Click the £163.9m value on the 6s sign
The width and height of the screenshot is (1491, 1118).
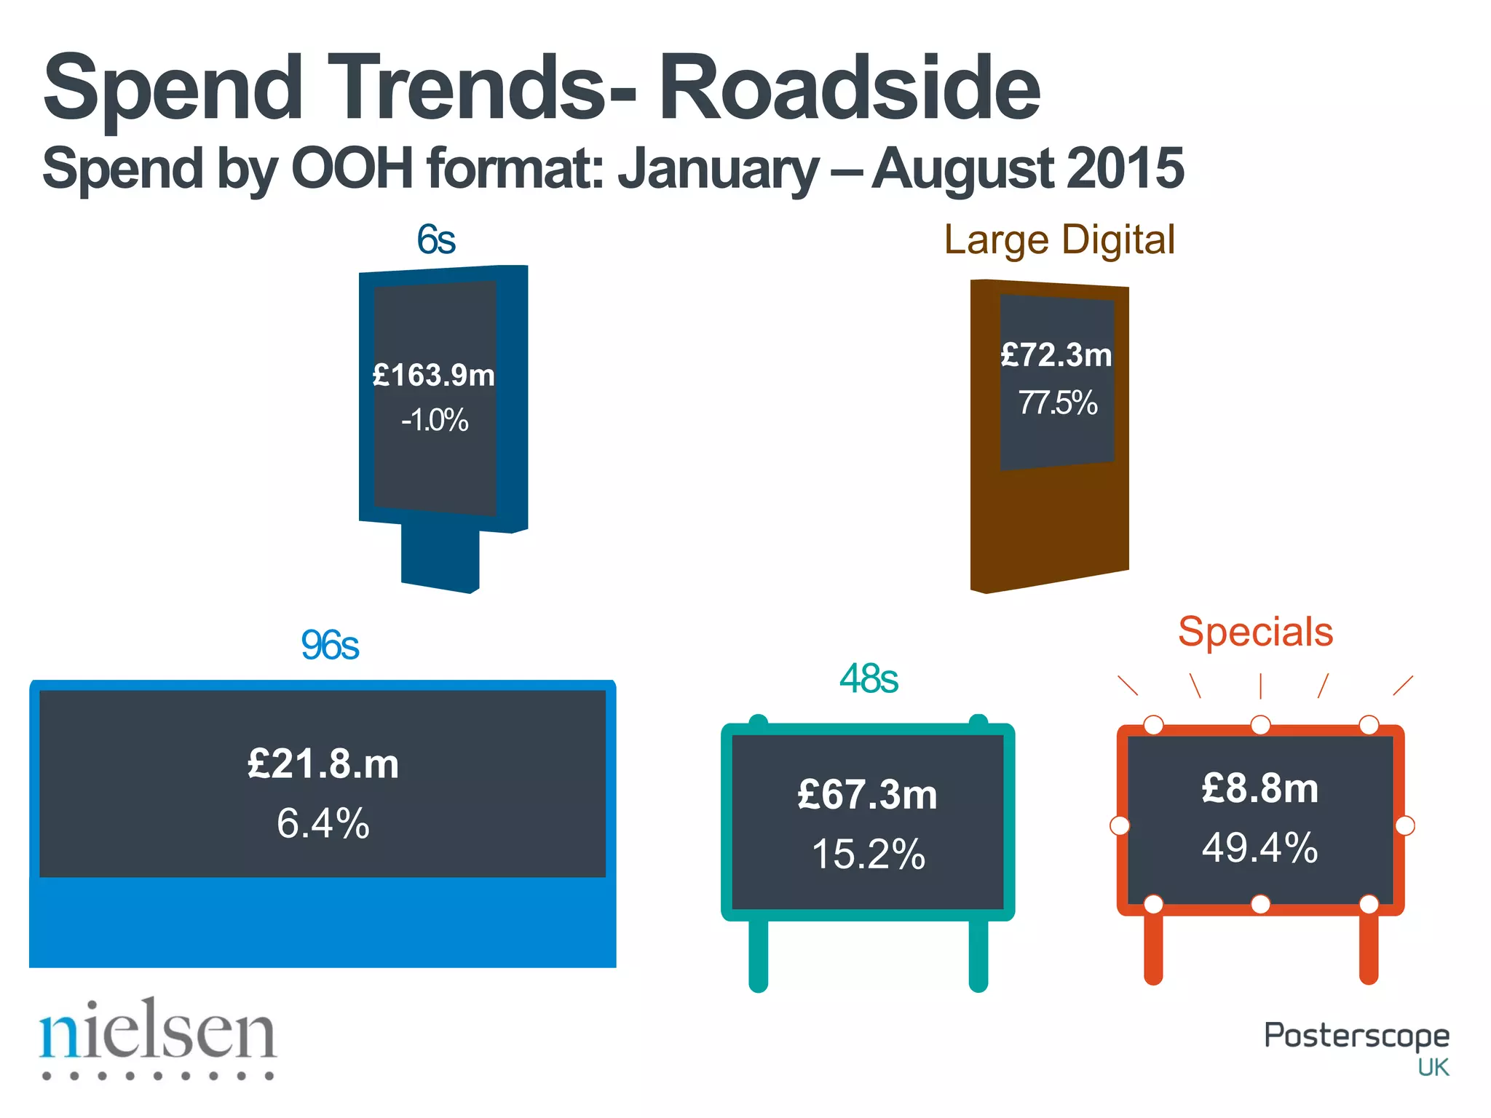coord(434,376)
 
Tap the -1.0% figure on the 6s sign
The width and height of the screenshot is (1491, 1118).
coord(435,421)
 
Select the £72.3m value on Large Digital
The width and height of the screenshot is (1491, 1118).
coord(1056,355)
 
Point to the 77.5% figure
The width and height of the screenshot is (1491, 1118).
coord(1057,403)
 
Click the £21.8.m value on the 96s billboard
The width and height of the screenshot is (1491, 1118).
coord(323,764)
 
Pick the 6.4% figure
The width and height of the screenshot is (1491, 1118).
coord(323,824)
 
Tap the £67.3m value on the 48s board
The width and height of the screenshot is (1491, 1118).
coord(868,794)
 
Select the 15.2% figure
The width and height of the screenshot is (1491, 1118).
coord(868,855)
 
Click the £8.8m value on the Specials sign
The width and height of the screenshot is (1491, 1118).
coord(1260,788)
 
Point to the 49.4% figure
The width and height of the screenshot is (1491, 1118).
coord(1260,848)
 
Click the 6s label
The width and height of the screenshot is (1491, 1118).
coord(436,239)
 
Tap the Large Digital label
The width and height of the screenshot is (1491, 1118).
coord(1059,239)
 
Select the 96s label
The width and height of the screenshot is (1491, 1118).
coord(330,645)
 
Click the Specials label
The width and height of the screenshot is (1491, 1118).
coord(1256,631)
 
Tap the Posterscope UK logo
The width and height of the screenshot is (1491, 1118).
coord(1356,1044)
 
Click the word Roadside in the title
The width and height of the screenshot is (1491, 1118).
coord(849,88)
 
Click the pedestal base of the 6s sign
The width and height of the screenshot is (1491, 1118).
coord(440,557)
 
